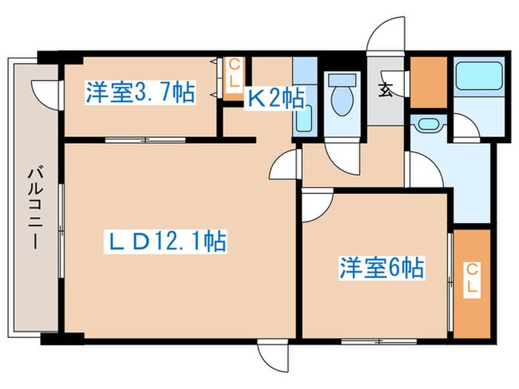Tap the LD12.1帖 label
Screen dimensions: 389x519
164,241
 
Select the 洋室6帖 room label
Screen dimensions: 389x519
382,267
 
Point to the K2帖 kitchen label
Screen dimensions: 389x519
275,97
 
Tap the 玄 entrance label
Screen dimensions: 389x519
386,92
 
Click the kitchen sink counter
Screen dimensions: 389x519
304,97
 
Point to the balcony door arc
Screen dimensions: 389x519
47,91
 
